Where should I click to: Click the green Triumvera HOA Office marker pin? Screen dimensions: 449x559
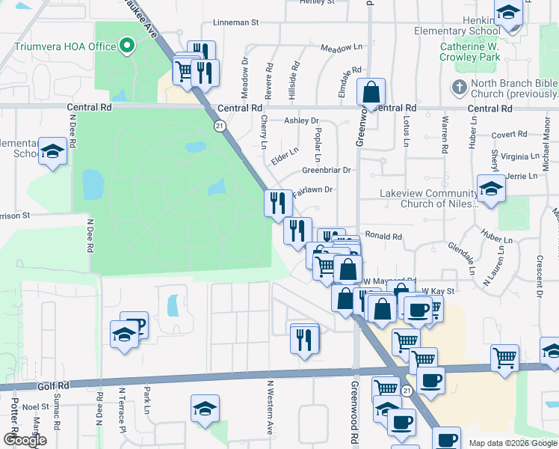tap(127, 46)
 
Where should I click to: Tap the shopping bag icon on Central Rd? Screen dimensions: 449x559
tap(371, 94)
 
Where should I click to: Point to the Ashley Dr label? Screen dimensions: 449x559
tap(301, 120)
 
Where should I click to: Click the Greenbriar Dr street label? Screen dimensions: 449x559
tap(327, 170)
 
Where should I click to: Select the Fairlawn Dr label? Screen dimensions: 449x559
tap(312, 191)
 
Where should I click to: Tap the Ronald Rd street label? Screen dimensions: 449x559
tap(384, 236)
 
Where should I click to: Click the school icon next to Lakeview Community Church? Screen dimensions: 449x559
tap(491, 189)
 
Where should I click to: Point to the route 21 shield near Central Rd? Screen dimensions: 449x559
tap(220, 126)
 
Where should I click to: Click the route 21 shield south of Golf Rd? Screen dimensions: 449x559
tap(406, 391)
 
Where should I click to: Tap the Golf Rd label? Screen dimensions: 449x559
tap(53, 385)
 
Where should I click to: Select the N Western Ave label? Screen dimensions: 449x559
tap(269, 408)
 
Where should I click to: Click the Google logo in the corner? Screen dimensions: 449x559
tap(25, 439)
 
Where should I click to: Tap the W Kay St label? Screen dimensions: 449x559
tap(438, 290)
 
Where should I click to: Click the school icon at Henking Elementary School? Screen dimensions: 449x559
tap(508, 13)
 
